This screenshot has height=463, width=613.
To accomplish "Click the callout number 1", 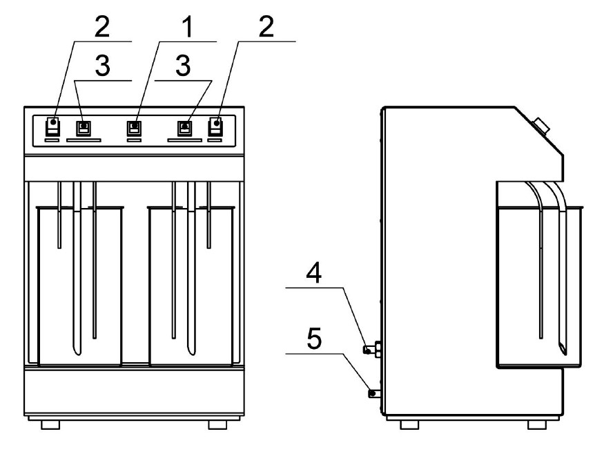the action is [188, 27].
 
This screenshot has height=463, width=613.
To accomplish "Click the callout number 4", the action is [314, 273].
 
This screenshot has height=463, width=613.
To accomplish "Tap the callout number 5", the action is [314, 339].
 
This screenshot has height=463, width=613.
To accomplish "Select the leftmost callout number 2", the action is [102, 27].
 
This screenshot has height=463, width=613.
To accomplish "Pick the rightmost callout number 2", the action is [266, 27].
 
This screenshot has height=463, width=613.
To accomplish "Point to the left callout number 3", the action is [102, 66].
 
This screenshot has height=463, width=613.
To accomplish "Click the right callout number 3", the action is [183, 66].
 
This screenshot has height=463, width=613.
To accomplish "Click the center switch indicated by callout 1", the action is [134, 128].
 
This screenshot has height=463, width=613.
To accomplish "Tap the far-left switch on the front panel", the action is [52, 126].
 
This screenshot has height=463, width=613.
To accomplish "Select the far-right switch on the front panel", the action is [216, 126].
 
